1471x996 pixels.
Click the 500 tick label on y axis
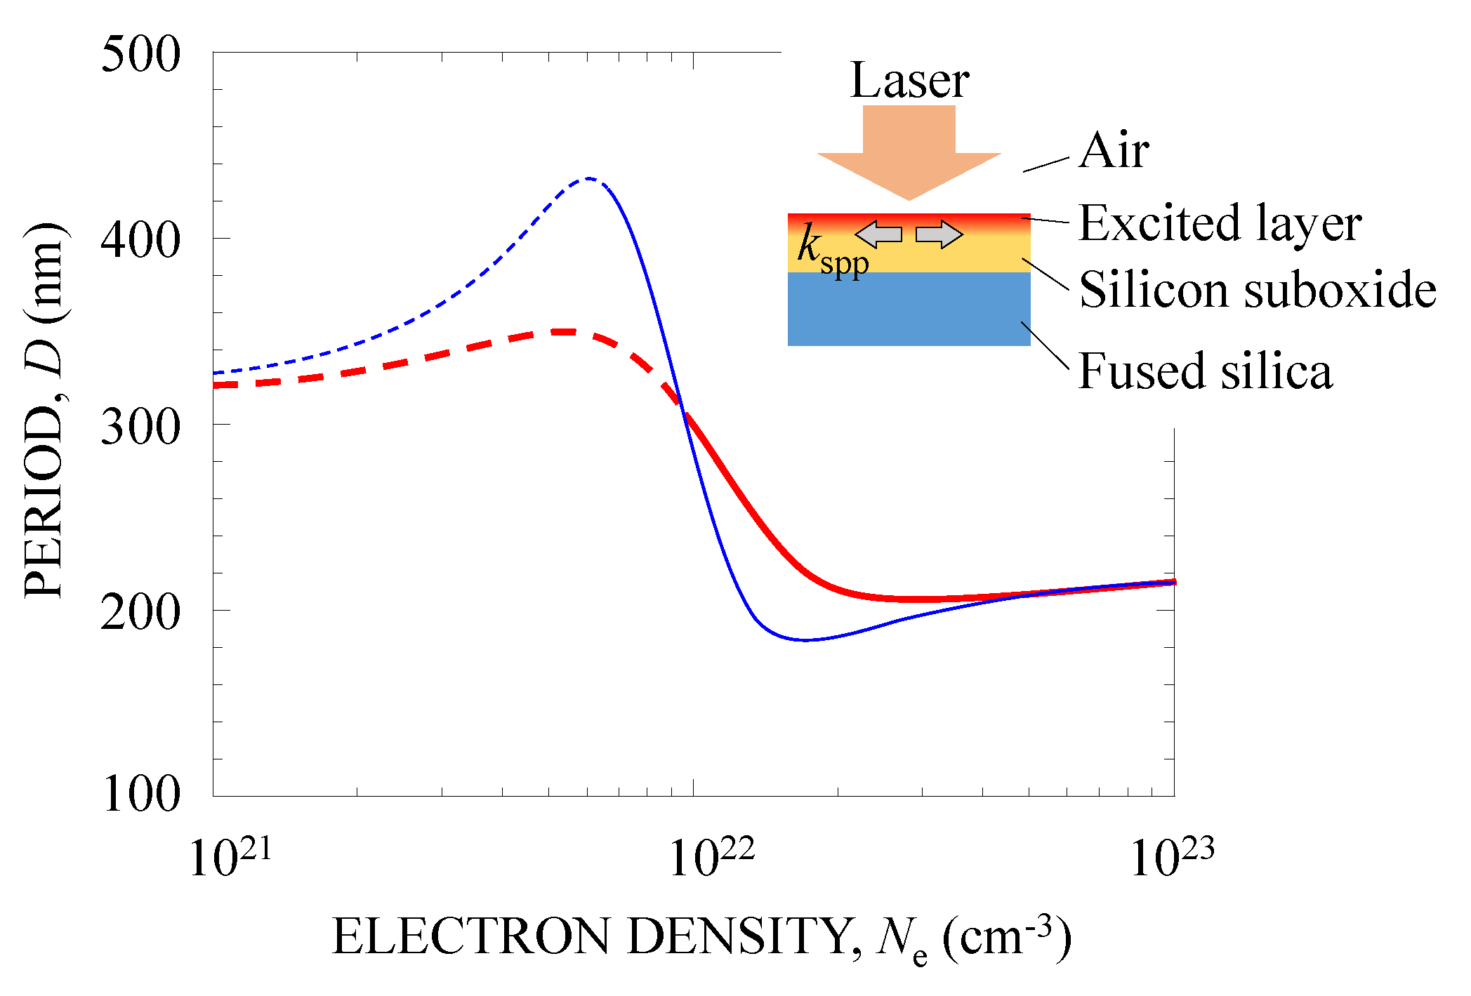pyautogui.click(x=140, y=55)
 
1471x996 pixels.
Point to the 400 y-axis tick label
pyautogui.click(x=140, y=240)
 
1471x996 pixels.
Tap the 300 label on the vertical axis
pyautogui.click(x=140, y=427)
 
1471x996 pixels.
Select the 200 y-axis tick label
pyautogui.click(x=140, y=612)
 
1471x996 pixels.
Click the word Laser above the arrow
pyautogui.click(x=909, y=81)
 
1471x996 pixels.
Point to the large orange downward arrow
pyautogui.click(x=909, y=151)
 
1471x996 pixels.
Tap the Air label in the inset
pyautogui.click(x=1114, y=151)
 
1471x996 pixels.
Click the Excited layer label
pyautogui.click(x=1220, y=223)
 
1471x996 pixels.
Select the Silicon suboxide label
pyautogui.click(x=1257, y=289)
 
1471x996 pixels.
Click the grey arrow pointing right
pyautogui.click(x=939, y=234)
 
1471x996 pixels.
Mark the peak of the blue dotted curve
pyautogui.click(x=590, y=179)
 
